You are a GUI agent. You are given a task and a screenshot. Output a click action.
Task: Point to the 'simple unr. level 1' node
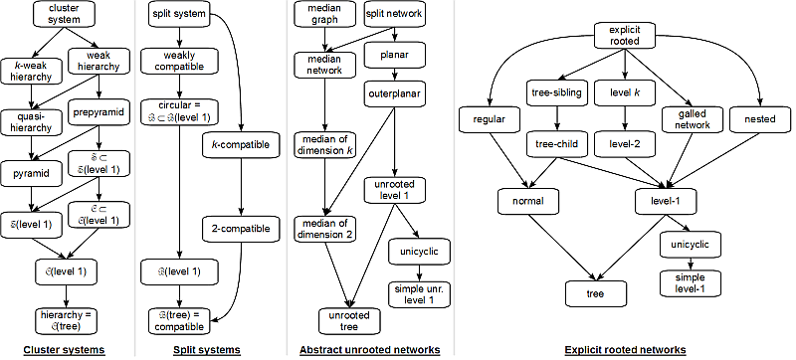[x=418, y=293]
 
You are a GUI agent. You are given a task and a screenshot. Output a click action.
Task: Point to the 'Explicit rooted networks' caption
[x=623, y=350]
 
